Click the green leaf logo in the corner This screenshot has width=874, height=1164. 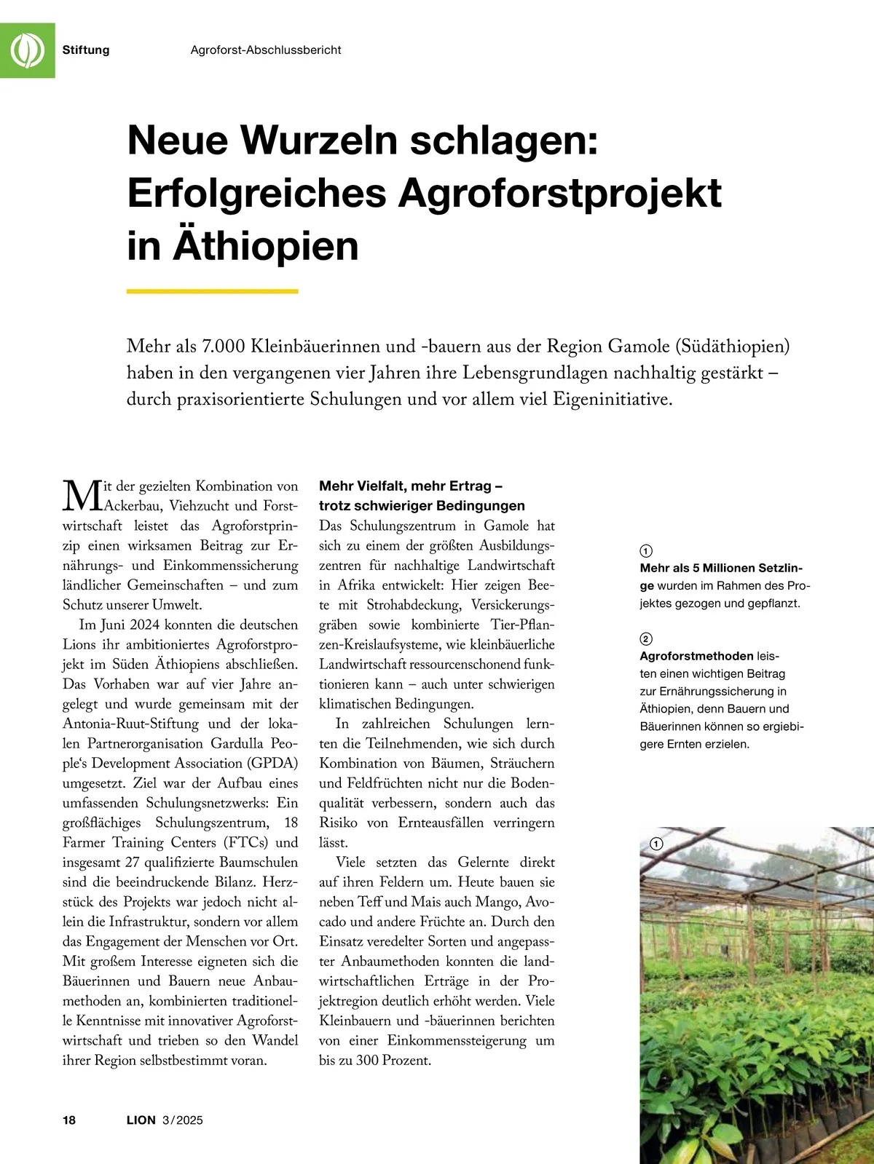[x=27, y=50]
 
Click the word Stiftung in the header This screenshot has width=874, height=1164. [x=86, y=50]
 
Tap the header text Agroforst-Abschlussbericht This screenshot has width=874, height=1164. [x=266, y=50]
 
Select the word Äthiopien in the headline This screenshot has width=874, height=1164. [x=265, y=245]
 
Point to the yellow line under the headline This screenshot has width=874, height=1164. [x=212, y=291]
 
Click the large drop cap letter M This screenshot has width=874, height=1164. [x=80, y=496]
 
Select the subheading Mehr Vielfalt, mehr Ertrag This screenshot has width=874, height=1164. [x=411, y=486]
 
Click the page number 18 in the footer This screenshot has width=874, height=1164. [x=69, y=1120]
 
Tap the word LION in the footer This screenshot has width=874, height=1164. [x=141, y=1120]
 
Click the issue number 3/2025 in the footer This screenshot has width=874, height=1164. [x=183, y=1120]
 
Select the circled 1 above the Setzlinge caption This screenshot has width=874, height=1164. [x=646, y=551]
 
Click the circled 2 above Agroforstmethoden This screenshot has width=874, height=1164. [x=646, y=639]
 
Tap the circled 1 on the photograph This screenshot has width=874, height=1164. [x=655, y=844]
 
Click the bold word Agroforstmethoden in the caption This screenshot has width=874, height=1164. [x=696, y=656]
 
